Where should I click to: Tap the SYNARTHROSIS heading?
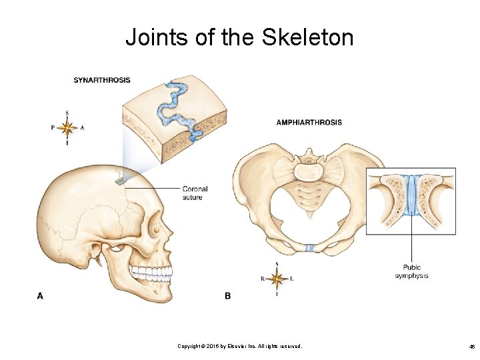pyautogui.click(x=102, y=81)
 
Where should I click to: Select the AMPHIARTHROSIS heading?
pyautogui.click(x=309, y=122)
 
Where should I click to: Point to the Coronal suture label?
pyautogui.click(x=195, y=193)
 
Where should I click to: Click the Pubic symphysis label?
pyautogui.click(x=411, y=271)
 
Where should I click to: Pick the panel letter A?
pyautogui.click(x=40, y=295)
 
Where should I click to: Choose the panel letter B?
pyautogui.click(x=228, y=295)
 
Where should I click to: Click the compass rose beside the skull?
pyautogui.click(x=67, y=127)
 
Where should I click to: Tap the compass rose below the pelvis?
pyautogui.click(x=277, y=278)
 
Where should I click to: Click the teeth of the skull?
pyautogui.click(x=152, y=273)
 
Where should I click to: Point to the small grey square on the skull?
pyautogui.click(x=121, y=180)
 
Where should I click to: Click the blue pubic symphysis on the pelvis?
pyautogui.click(x=309, y=248)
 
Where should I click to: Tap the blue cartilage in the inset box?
pyautogui.click(x=411, y=197)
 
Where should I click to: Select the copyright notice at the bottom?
pyautogui.click(x=239, y=346)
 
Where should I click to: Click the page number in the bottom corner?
pyautogui.click(x=471, y=347)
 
